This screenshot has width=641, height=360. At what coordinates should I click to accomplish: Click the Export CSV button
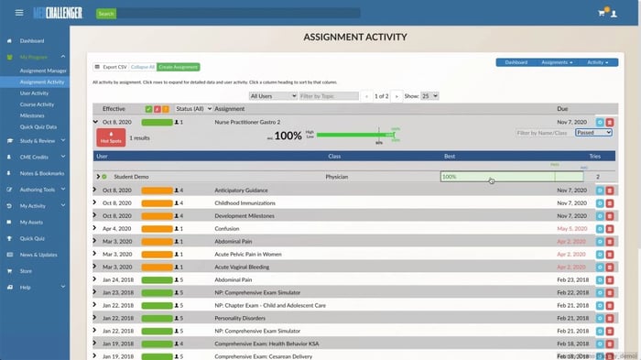tap(112, 67)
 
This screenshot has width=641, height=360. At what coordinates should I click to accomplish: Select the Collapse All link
tap(142, 67)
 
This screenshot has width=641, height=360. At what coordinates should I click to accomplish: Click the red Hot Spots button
tap(111, 137)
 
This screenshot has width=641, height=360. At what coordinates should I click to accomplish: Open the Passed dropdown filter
tap(593, 133)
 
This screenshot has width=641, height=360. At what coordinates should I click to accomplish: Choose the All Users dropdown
tap(273, 95)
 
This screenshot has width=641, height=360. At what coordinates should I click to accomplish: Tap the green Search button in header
tap(106, 14)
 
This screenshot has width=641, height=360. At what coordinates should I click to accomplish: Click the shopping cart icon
tap(602, 14)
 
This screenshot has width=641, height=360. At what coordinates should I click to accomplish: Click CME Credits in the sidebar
tap(36, 157)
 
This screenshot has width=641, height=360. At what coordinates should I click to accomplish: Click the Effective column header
tap(114, 109)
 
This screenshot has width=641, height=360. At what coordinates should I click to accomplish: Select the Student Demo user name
tap(132, 176)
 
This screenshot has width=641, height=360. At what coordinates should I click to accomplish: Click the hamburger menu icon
tap(19, 14)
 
